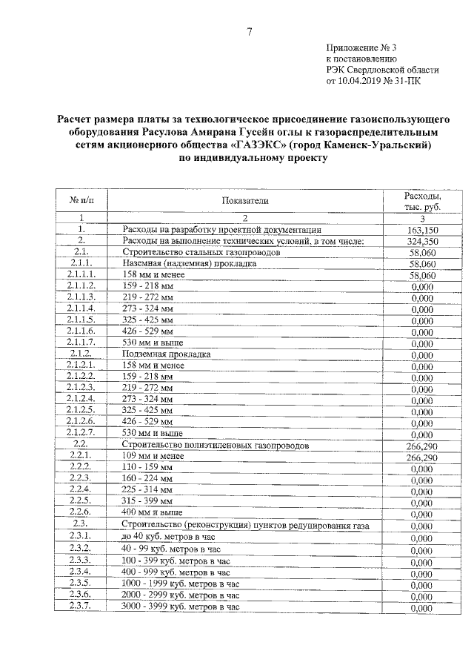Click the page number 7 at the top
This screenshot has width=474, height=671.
point(250,31)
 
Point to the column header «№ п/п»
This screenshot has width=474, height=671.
point(81,201)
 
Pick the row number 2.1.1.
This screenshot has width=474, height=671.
point(81,262)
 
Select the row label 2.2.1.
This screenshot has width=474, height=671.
point(81,457)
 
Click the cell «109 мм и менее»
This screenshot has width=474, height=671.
point(153,457)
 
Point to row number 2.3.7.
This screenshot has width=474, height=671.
point(81,607)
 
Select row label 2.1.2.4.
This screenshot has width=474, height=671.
point(81,400)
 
